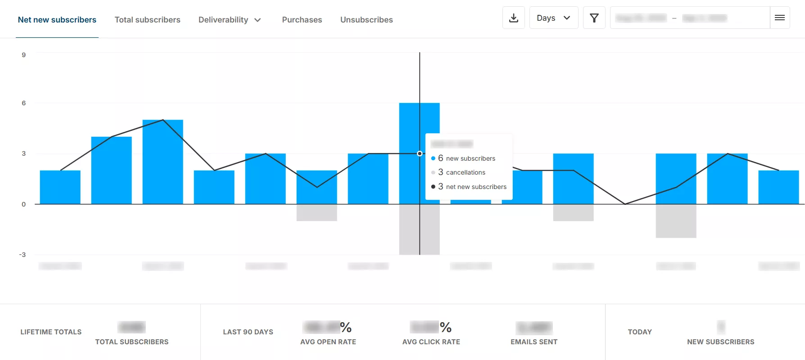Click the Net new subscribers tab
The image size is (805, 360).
[57, 20]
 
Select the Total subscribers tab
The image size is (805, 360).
[147, 20]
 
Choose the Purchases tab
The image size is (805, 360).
[302, 20]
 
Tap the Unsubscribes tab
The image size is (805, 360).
[366, 20]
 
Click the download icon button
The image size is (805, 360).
[513, 18]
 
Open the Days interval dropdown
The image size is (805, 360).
[553, 18]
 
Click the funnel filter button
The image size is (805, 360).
[594, 18]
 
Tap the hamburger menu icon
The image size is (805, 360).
[779, 18]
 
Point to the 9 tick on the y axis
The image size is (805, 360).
[24, 55]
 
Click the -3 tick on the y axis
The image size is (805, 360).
[23, 255]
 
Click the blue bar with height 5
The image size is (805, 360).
[163, 162]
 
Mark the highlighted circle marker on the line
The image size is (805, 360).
[420, 153]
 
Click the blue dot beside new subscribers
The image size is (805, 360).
[433, 158]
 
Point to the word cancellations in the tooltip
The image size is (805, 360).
[466, 172]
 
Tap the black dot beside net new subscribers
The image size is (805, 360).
[433, 187]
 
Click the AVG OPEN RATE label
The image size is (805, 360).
[328, 342]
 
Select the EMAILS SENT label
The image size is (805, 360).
[534, 342]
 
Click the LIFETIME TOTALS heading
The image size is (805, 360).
[51, 332]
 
